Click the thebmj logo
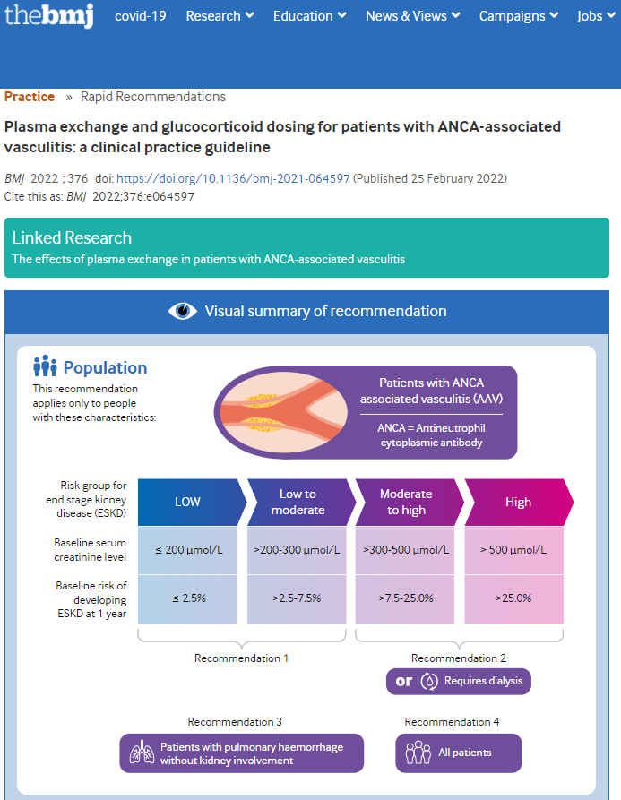[49, 15]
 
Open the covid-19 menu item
[141, 16]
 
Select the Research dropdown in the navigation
[220, 16]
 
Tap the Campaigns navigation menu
[519, 16]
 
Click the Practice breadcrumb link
[30, 97]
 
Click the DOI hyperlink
[233, 178]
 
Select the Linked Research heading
[72, 237]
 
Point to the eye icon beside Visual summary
[183, 311]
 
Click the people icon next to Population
[45, 366]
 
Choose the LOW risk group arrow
[193, 502]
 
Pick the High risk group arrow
[519, 502]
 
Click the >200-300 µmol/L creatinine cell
[297, 550]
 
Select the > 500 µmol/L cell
[513, 550]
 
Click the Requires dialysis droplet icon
[429, 681]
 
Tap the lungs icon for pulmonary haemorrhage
[142, 753]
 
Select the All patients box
[459, 753]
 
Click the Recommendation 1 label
[241, 658]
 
